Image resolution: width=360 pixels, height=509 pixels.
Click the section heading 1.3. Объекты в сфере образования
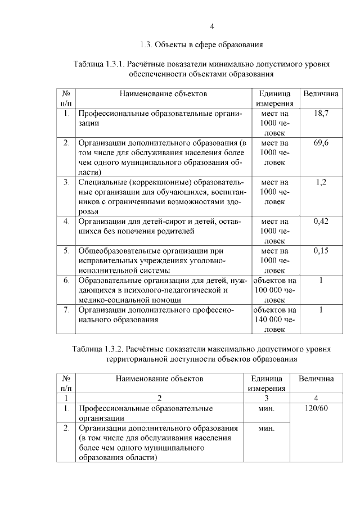(x=202, y=44)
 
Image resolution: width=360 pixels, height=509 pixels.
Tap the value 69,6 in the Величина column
(x=321, y=143)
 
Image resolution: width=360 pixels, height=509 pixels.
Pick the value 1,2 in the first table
(x=321, y=182)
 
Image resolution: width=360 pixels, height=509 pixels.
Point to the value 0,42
(x=321, y=222)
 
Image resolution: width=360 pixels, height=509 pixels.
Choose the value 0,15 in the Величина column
(x=321, y=251)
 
